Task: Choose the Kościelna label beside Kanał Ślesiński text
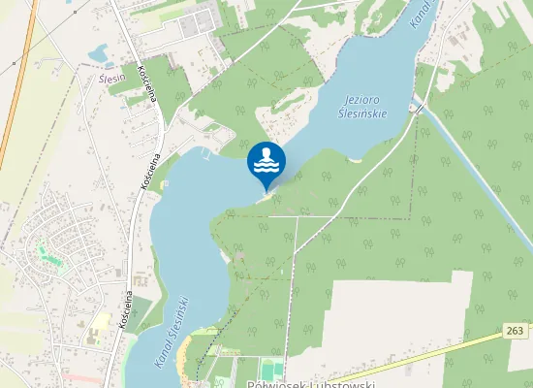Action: (x=125, y=310)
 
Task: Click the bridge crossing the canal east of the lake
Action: (x=418, y=110)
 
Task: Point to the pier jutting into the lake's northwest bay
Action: (x=205, y=152)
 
